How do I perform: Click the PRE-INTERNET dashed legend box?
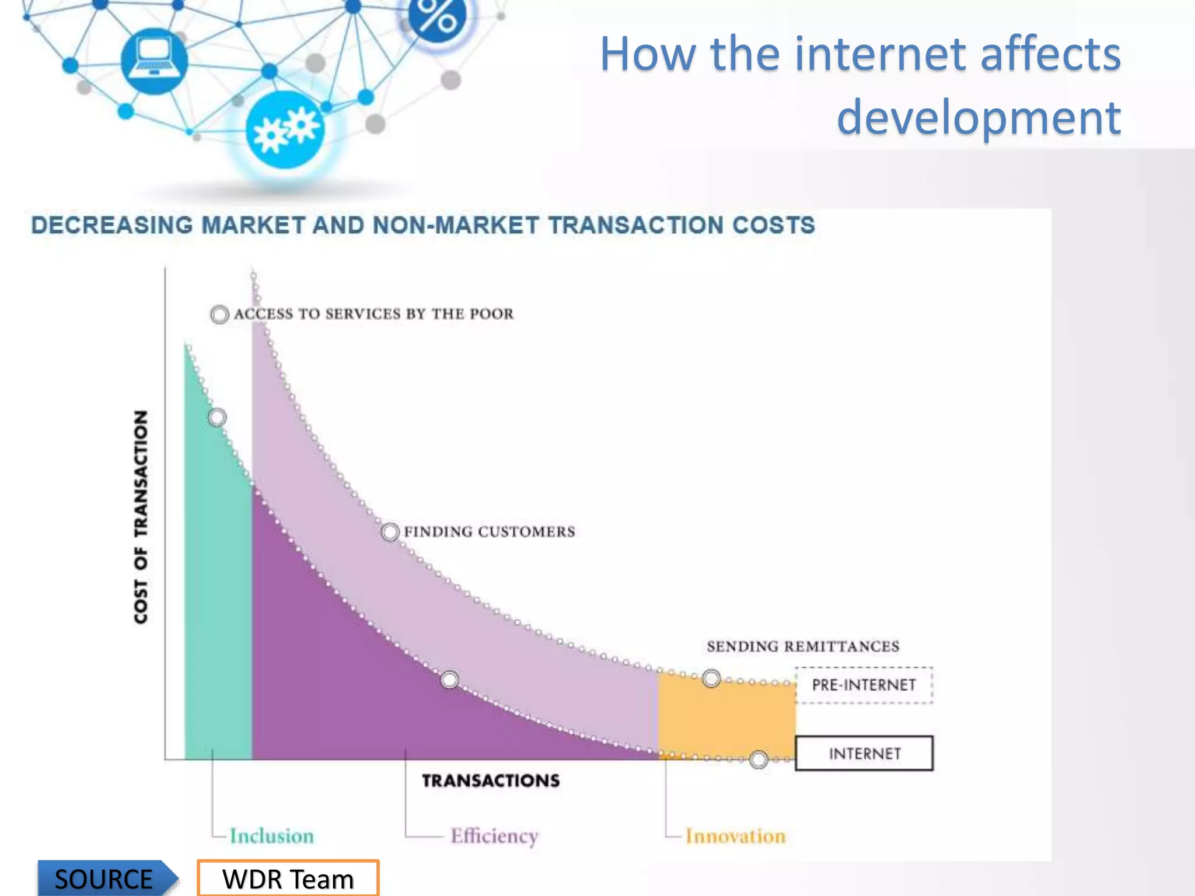click(x=864, y=685)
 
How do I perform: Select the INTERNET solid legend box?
click(x=864, y=753)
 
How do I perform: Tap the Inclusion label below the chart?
click(x=271, y=836)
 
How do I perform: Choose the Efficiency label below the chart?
click(x=494, y=836)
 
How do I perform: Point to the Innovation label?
click(x=735, y=836)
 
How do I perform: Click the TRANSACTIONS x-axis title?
click(x=491, y=780)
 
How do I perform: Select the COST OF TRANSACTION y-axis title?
click(x=141, y=517)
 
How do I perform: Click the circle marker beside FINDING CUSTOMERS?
click(x=390, y=532)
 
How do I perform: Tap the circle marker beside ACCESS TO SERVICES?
click(x=219, y=314)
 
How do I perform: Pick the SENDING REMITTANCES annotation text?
click(x=803, y=646)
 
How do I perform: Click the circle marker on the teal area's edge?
click(x=217, y=417)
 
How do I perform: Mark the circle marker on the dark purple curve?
click(x=449, y=680)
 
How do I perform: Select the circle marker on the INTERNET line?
click(x=759, y=759)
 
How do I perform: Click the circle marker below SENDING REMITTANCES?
click(x=711, y=678)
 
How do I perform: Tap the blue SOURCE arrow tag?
click(x=105, y=878)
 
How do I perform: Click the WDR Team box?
click(x=288, y=878)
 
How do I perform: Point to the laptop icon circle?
click(x=154, y=61)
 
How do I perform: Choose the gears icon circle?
click(x=285, y=129)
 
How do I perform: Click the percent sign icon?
click(x=438, y=16)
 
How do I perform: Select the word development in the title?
click(x=979, y=117)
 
